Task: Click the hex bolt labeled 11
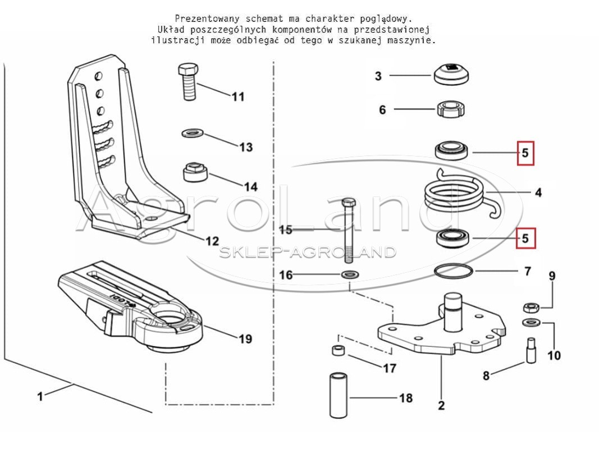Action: pos(188,82)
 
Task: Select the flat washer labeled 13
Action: pos(192,134)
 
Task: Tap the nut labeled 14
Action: pos(195,172)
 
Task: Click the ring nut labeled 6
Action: pos(451,109)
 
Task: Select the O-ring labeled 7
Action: pos(454,271)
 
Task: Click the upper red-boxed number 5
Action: pos(525,153)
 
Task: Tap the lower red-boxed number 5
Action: pos(525,239)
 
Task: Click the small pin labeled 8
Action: pos(531,350)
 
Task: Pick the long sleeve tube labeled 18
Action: pos(339,396)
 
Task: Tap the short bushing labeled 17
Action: pos(338,350)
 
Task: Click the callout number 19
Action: pos(245,339)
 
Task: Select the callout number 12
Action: pos(212,241)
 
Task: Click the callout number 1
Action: pos(40,396)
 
